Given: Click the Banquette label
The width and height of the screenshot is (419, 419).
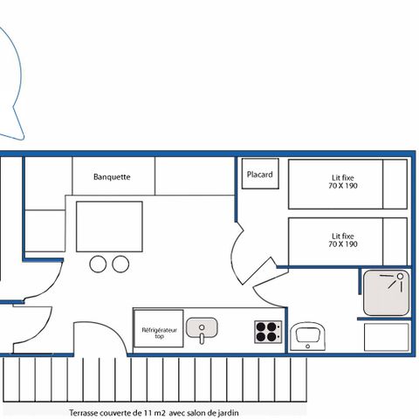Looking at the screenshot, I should (x=112, y=176).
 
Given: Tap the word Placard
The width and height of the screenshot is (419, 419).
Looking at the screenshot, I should (x=259, y=175).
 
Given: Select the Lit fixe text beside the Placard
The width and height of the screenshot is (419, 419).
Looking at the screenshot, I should (x=343, y=178).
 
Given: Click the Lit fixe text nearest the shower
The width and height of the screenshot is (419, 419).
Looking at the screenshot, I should (x=343, y=236).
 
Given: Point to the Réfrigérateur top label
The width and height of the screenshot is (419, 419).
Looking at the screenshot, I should (x=158, y=333).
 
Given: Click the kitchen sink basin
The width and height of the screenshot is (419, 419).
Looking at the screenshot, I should (x=202, y=329).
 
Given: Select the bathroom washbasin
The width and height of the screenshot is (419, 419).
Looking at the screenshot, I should (x=308, y=334).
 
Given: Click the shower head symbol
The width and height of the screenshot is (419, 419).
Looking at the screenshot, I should (x=400, y=277).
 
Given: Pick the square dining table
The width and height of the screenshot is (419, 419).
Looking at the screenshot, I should (x=109, y=226).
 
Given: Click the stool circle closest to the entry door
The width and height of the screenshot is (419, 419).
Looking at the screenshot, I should (x=98, y=263).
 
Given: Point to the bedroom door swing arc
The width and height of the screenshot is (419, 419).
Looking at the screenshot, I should (x=237, y=253).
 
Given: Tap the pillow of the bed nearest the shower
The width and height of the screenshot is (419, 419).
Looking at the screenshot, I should (x=395, y=242).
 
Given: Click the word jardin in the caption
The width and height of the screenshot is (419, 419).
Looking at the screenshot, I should (x=226, y=413).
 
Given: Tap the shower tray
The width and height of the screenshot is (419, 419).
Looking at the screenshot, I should (x=385, y=292).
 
